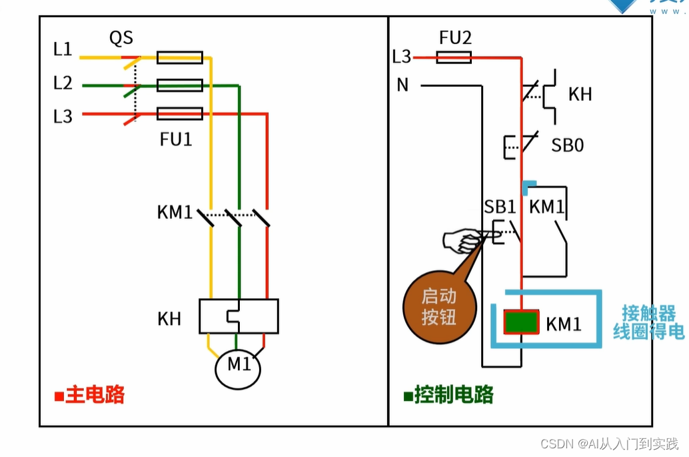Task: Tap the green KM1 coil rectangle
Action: click(x=521, y=322)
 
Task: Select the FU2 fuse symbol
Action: click(x=454, y=57)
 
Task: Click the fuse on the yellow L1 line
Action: click(x=180, y=57)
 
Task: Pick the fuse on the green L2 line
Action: click(x=180, y=85)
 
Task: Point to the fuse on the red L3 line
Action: click(x=180, y=114)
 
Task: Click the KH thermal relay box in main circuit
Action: click(x=239, y=316)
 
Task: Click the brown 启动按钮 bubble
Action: click(x=439, y=307)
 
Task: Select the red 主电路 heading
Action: click(x=90, y=394)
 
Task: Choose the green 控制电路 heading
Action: click(x=448, y=394)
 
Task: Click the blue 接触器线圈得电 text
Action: click(x=649, y=322)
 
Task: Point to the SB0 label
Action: click(x=568, y=145)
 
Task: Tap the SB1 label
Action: click(x=500, y=207)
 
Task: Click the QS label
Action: click(x=121, y=38)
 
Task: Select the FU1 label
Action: click(x=176, y=139)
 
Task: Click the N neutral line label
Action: click(x=402, y=85)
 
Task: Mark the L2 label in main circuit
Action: click(x=63, y=83)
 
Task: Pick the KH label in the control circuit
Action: click(x=580, y=94)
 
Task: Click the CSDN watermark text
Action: click(x=610, y=444)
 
